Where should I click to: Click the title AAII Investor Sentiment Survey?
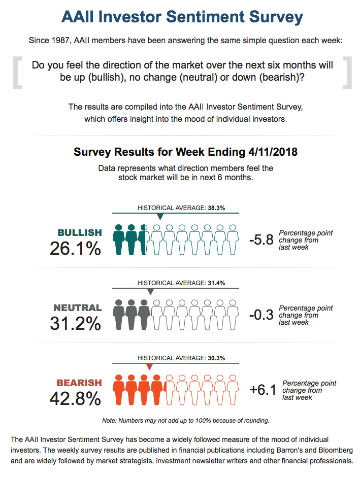pyautogui.click(x=182, y=17)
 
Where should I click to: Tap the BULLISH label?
pyautogui.click(x=80, y=233)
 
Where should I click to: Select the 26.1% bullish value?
pyautogui.click(x=76, y=248)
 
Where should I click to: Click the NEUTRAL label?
pyautogui.click(x=78, y=308)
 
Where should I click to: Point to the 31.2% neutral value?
pyautogui.click(x=76, y=323)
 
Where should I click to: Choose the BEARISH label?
pyautogui.click(x=79, y=383)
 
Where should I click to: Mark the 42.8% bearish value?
pyautogui.click(x=76, y=398)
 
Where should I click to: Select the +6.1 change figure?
pyautogui.click(x=263, y=390)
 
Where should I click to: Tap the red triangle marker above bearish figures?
pyautogui.click(x=149, y=367)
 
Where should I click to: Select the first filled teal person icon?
pyautogui.click(x=119, y=240)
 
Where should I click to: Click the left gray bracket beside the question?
pyautogui.click(x=18, y=73)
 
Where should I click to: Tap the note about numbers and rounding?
pyautogui.click(x=185, y=420)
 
